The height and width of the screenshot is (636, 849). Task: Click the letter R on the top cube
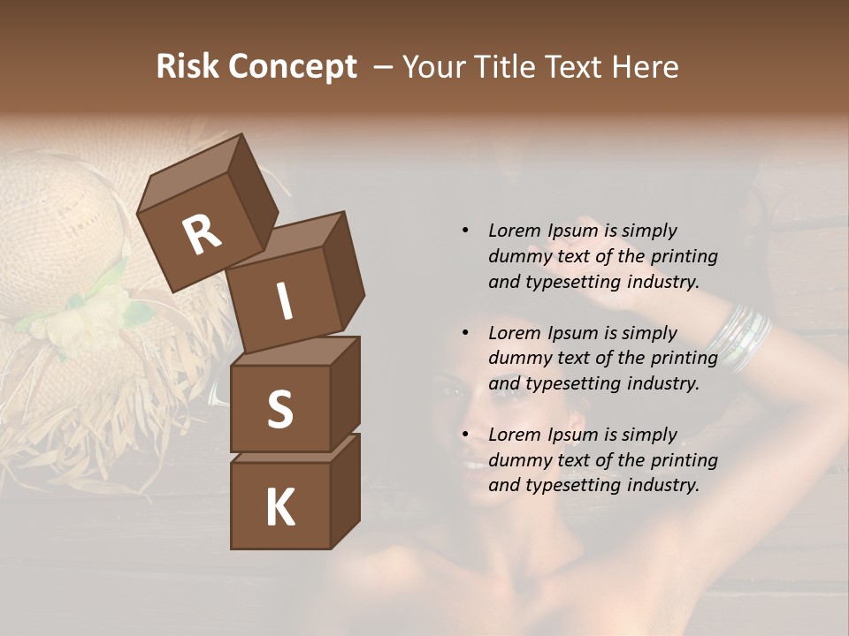pyautogui.click(x=202, y=235)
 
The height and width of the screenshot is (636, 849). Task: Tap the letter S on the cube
pyautogui.click(x=279, y=409)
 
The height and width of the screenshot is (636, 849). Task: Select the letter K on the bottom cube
pyautogui.click(x=279, y=508)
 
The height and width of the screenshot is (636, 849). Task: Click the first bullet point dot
pyautogui.click(x=465, y=231)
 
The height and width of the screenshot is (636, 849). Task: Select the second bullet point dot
pyautogui.click(x=465, y=333)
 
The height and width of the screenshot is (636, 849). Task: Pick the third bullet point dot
pyautogui.click(x=465, y=435)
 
